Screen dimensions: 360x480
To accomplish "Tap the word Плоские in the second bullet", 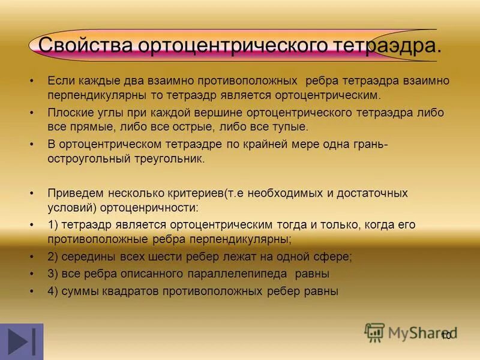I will pos(68,112).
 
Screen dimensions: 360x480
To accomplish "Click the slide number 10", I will pos(446,335).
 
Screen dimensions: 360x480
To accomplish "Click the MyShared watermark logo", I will pos(411,332).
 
